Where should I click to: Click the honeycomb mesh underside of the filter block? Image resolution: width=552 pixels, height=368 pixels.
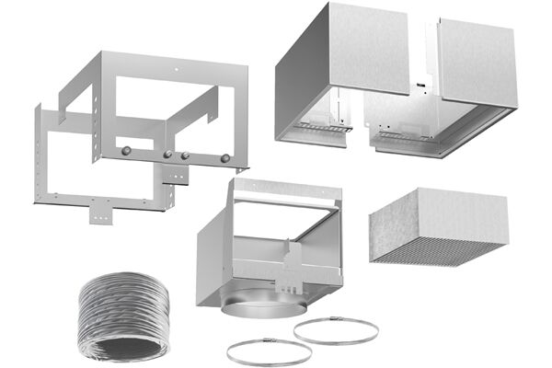(439, 247)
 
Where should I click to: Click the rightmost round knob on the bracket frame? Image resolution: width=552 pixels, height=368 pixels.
(224, 158)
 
